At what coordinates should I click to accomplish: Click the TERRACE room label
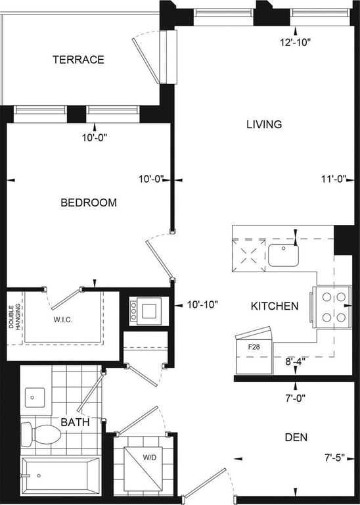[78, 60]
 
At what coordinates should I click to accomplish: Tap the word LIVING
[264, 124]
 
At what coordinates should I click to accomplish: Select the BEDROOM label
[89, 203]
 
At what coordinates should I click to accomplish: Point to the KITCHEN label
[275, 306]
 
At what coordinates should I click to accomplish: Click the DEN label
[296, 437]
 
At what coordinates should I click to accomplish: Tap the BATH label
[75, 422]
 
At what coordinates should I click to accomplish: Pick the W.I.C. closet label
[62, 320]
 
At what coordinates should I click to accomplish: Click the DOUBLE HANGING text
[14, 316]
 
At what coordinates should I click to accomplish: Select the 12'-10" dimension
[295, 42]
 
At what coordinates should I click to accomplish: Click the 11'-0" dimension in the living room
[333, 179]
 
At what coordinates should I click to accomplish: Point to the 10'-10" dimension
[202, 304]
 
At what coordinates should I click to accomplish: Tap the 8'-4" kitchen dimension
[295, 361]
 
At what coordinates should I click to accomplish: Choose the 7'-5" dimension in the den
[334, 457]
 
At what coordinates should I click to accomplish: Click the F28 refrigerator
[254, 352]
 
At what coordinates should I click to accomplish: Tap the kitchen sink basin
[283, 255]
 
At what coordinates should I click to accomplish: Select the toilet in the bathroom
[41, 435]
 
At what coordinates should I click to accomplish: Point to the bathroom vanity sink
[35, 397]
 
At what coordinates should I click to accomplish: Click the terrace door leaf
[146, 60]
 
